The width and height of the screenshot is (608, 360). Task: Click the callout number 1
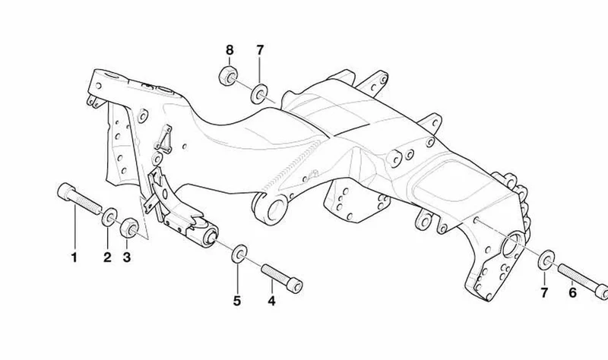[x=74, y=257]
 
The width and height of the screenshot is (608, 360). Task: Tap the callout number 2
[x=107, y=257]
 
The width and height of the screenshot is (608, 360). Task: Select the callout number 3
[x=127, y=257]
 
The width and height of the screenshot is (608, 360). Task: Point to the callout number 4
[x=271, y=301]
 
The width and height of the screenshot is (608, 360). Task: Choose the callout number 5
[x=237, y=301]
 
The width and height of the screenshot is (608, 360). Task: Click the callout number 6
[x=573, y=292]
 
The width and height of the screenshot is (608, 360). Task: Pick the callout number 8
[x=230, y=50]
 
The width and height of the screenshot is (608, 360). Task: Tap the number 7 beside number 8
[x=260, y=50]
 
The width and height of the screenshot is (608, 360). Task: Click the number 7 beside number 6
[x=544, y=292]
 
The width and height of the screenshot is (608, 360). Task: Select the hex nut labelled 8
[x=227, y=75]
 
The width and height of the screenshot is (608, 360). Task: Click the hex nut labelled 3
[x=129, y=229]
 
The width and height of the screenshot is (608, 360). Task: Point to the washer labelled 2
[x=109, y=217]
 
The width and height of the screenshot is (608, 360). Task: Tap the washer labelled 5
[x=239, y=254]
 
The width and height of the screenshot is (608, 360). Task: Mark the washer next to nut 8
[x=258, y=93]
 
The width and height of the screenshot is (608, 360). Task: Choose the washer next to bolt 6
[x=546, y=261]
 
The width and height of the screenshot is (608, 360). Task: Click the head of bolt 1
[x=66, y=191]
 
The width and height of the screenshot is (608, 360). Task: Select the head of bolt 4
[x=296, y=286]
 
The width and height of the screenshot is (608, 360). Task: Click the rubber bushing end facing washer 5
[x=211, y=237]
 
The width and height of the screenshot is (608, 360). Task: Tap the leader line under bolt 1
[x=74, y=226]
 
